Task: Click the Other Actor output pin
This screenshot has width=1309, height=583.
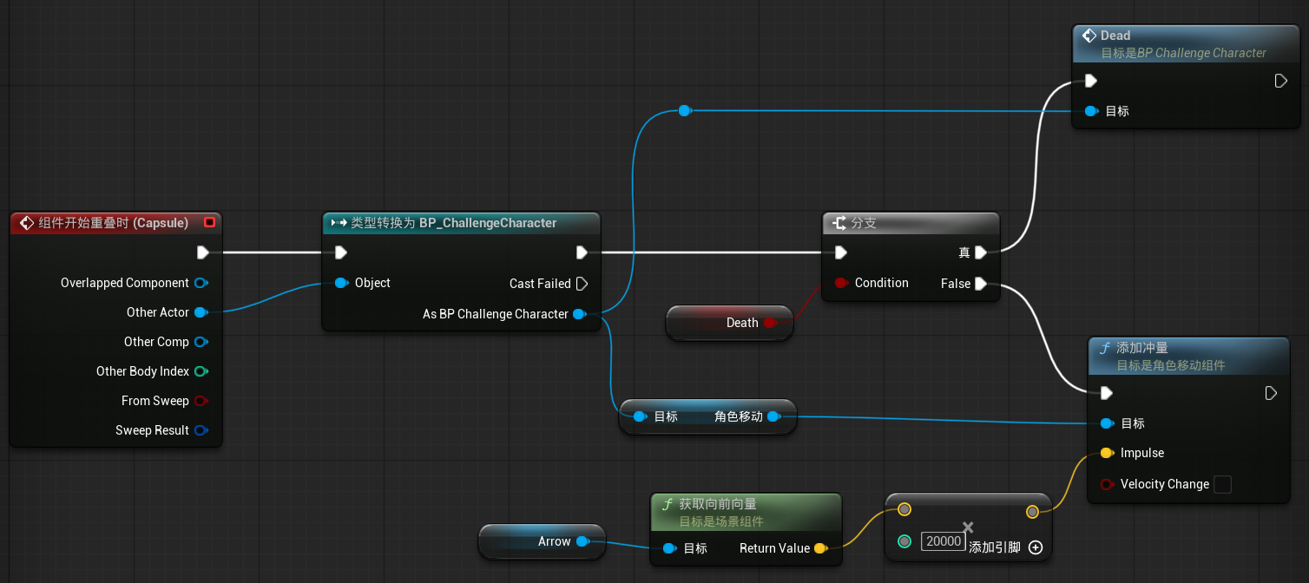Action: point(201,312)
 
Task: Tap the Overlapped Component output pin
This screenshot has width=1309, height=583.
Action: point(201,283)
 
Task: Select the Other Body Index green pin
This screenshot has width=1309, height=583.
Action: point(201,371)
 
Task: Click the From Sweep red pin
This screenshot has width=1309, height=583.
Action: point(201,401)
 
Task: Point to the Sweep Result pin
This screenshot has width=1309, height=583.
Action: point(201,430)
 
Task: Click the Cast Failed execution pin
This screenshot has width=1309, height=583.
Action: point(582,284)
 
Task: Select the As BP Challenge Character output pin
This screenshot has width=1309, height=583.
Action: point(580,314)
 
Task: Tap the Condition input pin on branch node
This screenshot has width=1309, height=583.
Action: point(841,284)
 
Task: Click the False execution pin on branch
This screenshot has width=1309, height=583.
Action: point(981,284)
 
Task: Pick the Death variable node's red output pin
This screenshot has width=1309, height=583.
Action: point(770,323)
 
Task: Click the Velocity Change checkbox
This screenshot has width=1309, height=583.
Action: point(1222,484)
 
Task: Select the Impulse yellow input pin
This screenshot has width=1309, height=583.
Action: point(1107,453)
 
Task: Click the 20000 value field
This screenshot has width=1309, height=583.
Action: point(943,541)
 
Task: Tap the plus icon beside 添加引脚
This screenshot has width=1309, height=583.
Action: point(1036,547)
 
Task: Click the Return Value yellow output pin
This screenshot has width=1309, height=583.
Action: point(821,548)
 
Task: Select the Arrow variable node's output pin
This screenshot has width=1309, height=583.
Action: point(582,541)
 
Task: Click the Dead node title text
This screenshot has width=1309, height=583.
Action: point(1115,36)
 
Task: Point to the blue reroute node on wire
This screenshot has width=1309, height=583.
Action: point(685,110)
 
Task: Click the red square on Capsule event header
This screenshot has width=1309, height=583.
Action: point(209,222)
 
